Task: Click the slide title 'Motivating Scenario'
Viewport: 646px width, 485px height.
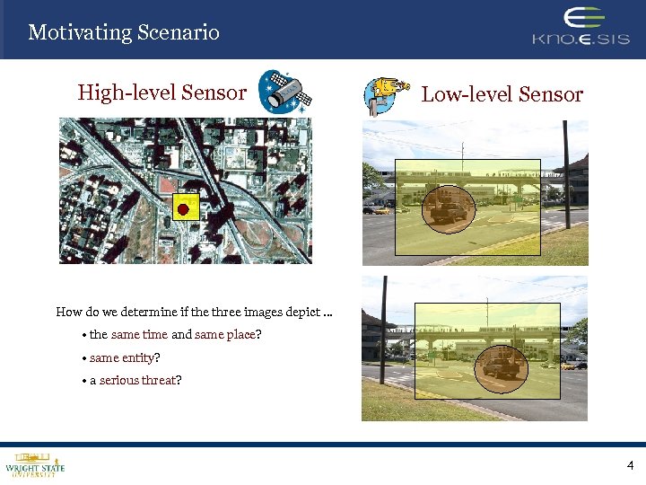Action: click(x=124, y=33)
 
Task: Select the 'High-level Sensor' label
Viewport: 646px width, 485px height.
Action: click(x=161, y=93)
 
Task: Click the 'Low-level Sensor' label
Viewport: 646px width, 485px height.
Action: click(x=502, y=94)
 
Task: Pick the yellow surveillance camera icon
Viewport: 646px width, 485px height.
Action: click(x=385, y=94)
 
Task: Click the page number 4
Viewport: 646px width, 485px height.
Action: click(x=630, y=465)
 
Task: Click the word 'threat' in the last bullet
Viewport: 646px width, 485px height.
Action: click(x=161, y=380)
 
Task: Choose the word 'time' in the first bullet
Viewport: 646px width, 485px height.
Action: click(x=155, y=335)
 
